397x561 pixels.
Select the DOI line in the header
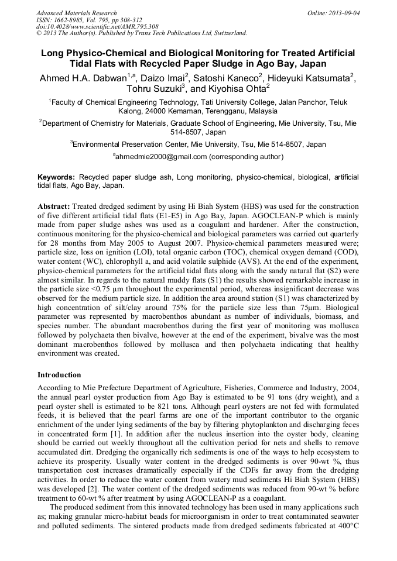97,27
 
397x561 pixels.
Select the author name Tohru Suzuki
155,90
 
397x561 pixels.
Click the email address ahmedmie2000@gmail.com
161,157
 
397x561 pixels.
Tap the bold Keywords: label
56,177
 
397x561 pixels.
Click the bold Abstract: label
54,207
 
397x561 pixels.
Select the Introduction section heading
60,375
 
